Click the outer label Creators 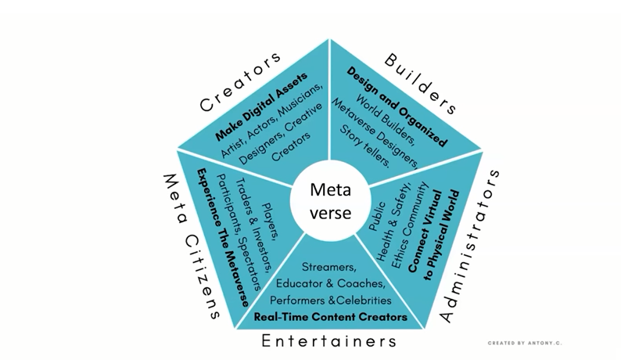tap(240, 81)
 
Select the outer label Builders tap(421, 84)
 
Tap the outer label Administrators tap(470, 246)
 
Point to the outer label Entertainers tap(328, 341)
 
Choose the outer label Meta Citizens tap(192, 247)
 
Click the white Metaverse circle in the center tap(331, 201)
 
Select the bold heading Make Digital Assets tap(261, 106)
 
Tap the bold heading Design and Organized tap(397, 106)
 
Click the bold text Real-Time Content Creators tap(330, 317)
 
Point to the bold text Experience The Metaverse tap(224, 237)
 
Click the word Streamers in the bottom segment tap(328, 267)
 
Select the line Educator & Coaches tap(330, 284)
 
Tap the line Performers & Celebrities tap(330, 301)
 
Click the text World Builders tap(385, 119)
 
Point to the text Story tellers tap(364, 146)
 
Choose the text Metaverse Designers tap(375, 133)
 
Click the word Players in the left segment tap(270, 221)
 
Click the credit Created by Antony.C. tap(525, 343)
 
